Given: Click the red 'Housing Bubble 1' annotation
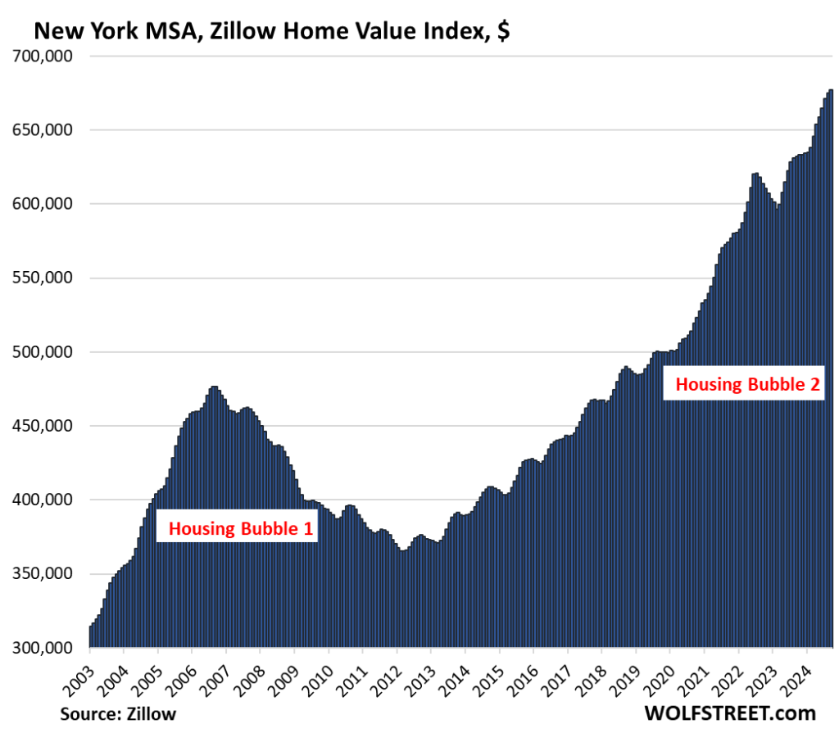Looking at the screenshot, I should point(241,529).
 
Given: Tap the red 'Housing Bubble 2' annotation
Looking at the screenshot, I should point(746,385).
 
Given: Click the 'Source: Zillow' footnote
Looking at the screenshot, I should point(118,713).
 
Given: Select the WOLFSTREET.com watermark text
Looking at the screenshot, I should point(730,713).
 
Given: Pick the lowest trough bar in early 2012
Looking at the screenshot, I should point(402,598).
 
